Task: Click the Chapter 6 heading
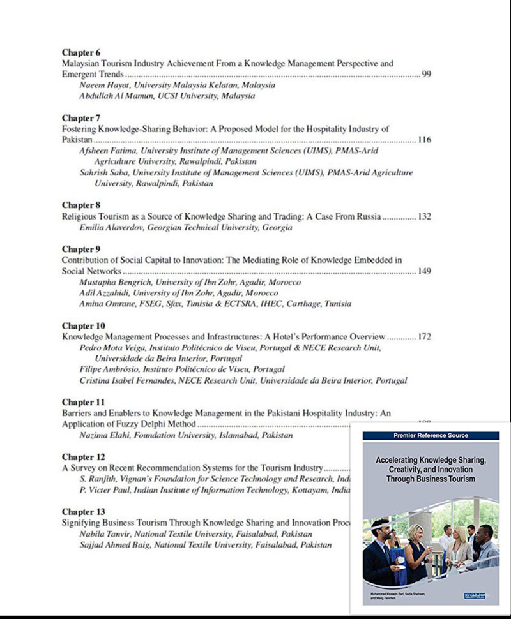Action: (81, 52)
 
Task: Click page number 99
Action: (427, 75)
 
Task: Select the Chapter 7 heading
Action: (81, 118)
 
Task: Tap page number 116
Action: (424, 140)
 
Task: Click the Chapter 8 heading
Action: (81, 205)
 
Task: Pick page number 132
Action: (424, 217)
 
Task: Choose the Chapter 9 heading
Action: (81, 250)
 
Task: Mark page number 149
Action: (424, 271)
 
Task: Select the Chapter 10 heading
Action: (83, 326)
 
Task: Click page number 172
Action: (424, 337)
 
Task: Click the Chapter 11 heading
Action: (83, 403)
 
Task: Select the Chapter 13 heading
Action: (83, 512)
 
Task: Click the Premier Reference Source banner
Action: (430, 435)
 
